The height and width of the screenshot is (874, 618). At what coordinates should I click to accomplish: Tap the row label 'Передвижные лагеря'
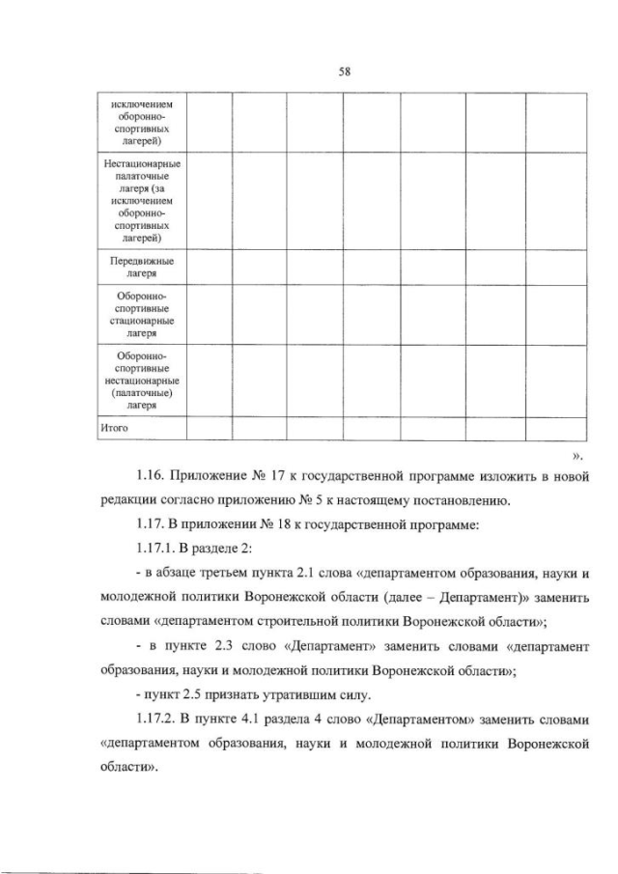142,268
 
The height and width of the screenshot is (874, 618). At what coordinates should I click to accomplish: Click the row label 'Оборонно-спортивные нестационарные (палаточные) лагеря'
142,380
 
